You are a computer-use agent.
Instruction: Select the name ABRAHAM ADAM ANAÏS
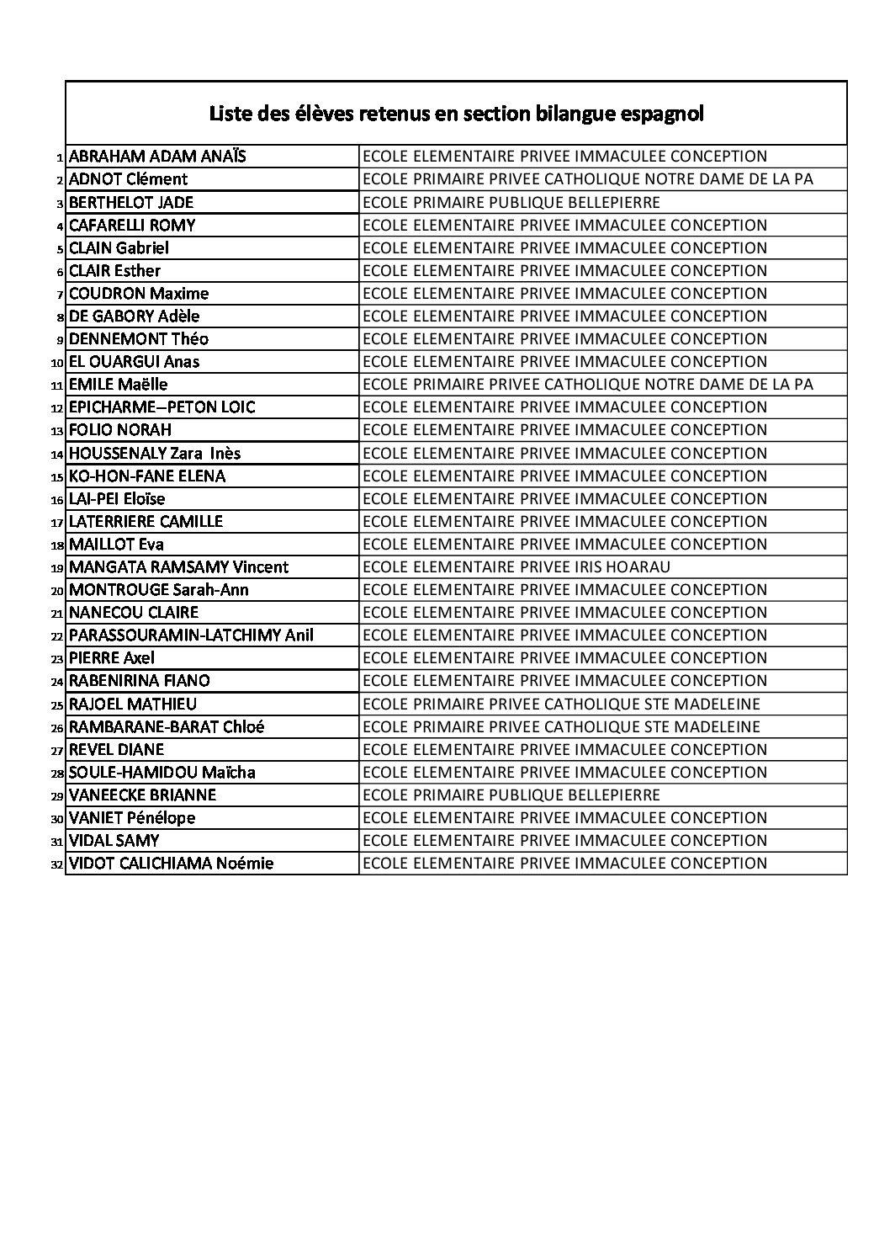pyautogui.click(x=157, y=157)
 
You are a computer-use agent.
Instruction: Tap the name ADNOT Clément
pyautogui.click(x=128, y=179)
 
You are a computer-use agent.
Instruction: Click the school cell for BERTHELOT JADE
pyautogui.click(x=511, y=202)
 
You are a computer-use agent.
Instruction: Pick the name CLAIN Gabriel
pyautogui.click(x=119, y=247)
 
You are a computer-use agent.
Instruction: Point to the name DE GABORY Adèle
pyautogui.click(x=134, y=316)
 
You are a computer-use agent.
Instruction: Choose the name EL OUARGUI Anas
pyautogui.click(x=134, y=362)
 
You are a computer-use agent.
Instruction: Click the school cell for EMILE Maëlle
pyautogui.click(x=587, y=385)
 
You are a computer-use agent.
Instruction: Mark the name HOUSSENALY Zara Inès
pyautogui.click(x=155, y=454)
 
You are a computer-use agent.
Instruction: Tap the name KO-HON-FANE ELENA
pyautogui.click(x=147, y=476)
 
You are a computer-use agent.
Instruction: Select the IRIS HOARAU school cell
pyautogui.click(x=516, y=567)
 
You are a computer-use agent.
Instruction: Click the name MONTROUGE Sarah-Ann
pyautogui.click(x=159, y=590)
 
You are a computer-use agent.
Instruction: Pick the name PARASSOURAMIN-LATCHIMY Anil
pyautogui.click(x=191, y=635)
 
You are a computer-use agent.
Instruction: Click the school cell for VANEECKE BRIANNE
pyautogui.click(x=511, y=795)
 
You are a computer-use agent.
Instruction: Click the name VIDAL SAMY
pyautogui.click(x=114, y=841)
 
